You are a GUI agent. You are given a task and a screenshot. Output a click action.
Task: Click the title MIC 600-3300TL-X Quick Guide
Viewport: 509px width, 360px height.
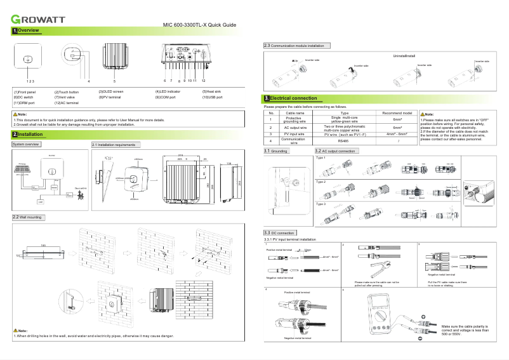pos(200,25)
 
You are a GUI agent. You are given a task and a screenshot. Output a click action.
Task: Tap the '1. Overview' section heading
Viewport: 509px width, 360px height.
pos(26,30)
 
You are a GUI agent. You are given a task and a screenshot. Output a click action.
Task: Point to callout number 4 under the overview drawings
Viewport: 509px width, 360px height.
pos(89,81)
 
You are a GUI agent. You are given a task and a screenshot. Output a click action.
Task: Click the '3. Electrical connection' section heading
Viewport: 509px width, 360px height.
pos(290,98)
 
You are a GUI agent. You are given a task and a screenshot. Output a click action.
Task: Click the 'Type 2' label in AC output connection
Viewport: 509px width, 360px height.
pos(321,181)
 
